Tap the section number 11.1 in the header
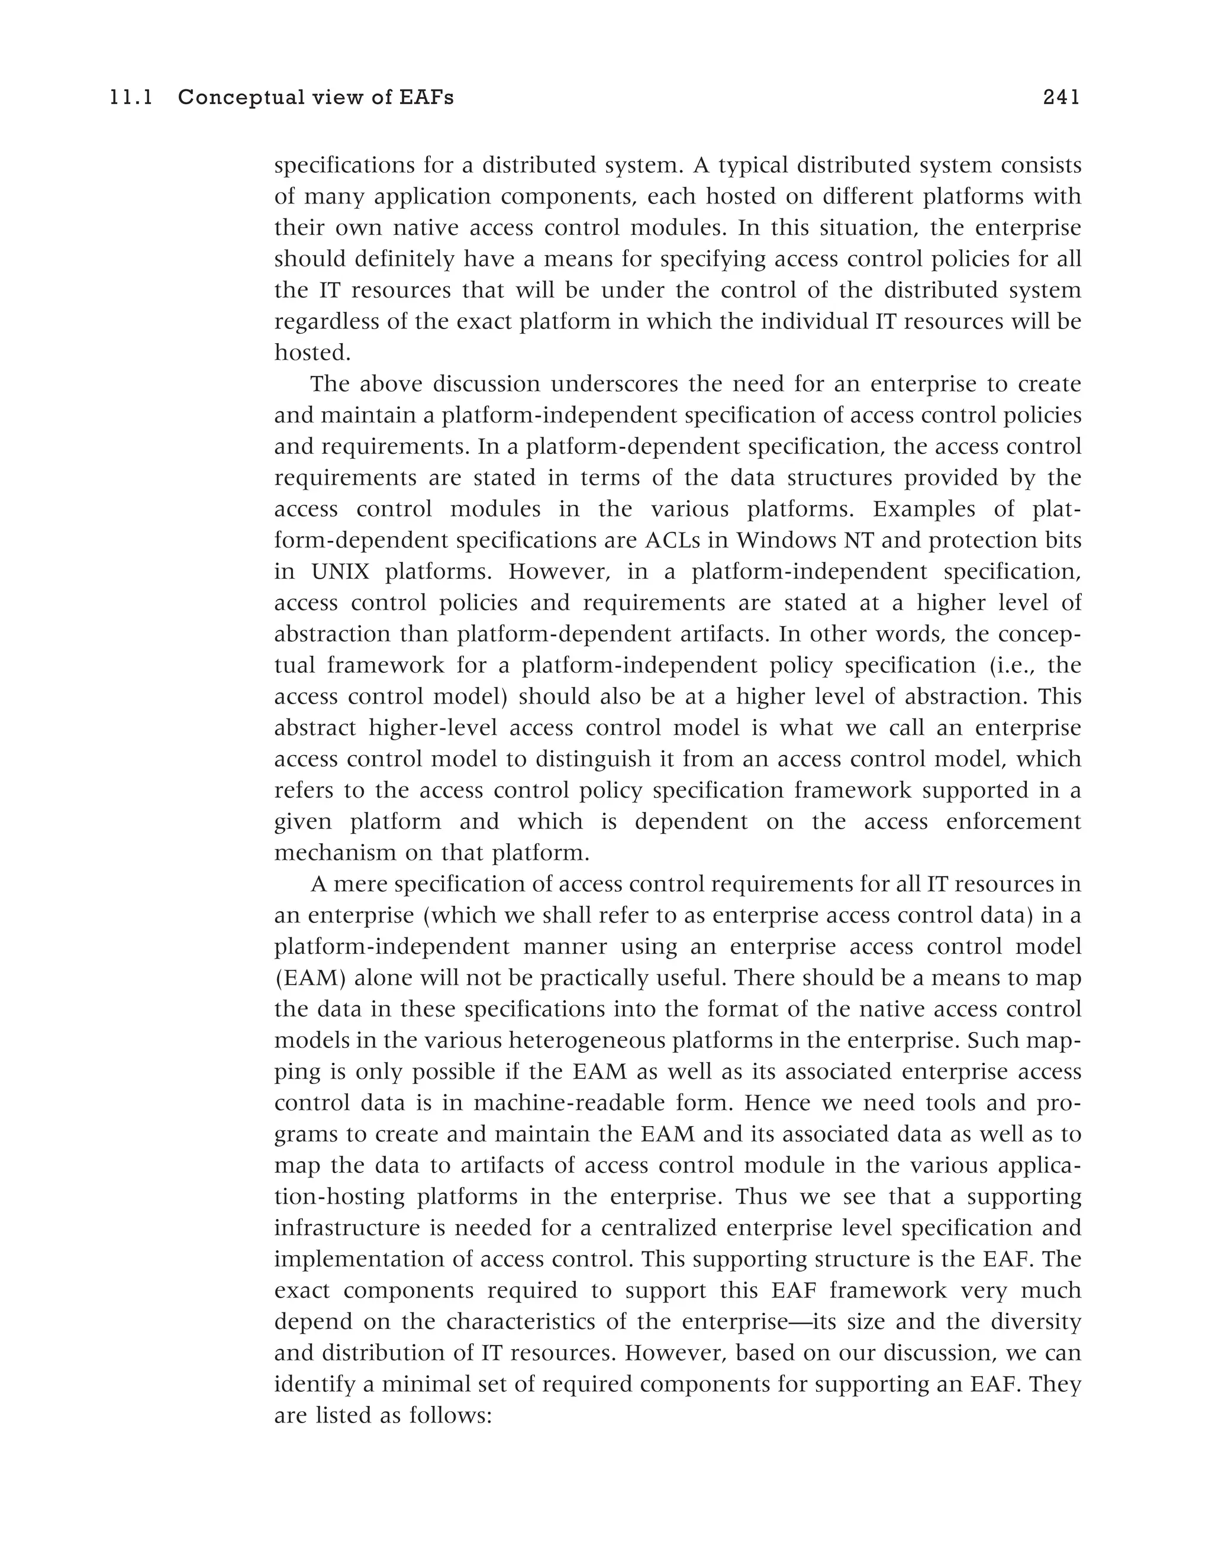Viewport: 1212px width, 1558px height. (x=131, y=97)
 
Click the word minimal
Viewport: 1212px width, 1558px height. (x=417, y=1385)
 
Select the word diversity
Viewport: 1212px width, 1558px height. (x=1040, y=1322)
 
